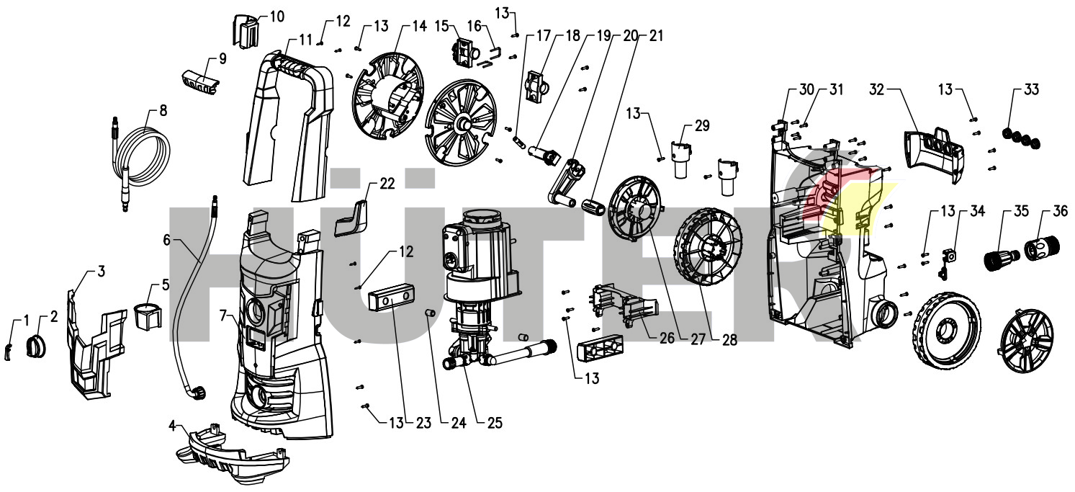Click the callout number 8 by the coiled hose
163,111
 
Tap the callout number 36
1060,212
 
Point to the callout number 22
387,184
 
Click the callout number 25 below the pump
493,424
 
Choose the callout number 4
171,425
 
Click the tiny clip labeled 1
9,350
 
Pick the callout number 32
876,90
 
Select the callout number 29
701,126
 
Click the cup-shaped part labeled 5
148,316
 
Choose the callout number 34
976,212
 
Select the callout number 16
474,25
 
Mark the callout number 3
101,271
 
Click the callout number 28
730,340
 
